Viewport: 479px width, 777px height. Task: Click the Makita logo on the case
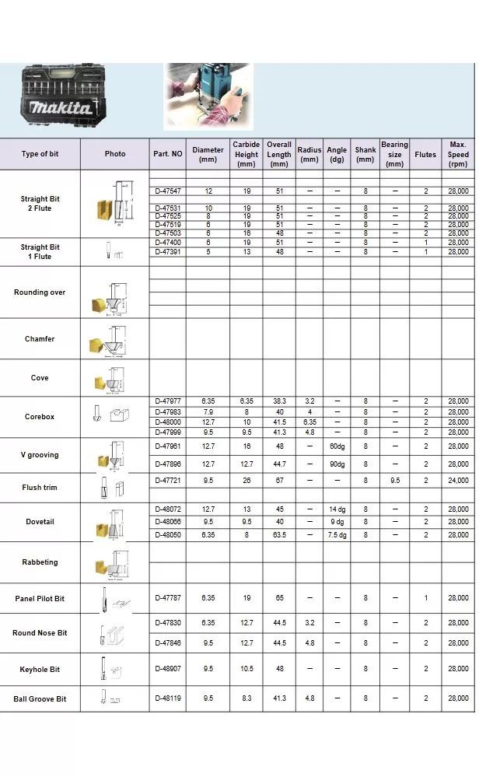click(60, 108)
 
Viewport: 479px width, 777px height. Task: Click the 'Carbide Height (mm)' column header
click(246, 154)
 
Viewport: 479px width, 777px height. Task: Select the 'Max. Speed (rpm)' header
click(458, 154)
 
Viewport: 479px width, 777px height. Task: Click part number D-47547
click(168, 191)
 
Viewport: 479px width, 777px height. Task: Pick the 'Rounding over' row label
click(40, 292)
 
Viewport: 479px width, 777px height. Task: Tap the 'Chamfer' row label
click(40, 339)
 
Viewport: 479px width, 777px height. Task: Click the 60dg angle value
click(337, 446)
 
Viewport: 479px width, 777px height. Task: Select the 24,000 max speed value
click(458, 481)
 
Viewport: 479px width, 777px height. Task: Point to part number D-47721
click(168, 481)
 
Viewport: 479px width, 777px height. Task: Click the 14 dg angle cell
click(337, 509)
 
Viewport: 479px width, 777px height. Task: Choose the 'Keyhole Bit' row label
click(40, 669)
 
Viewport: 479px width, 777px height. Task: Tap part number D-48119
click(168, 698)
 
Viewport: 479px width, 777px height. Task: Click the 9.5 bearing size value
click(395, 481)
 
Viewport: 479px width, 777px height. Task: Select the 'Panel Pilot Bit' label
click(40, 599)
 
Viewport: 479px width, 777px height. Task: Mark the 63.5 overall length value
click(279, 535)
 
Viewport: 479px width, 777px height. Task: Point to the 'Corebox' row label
click(40, 417)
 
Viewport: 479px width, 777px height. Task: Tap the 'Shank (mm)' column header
click(365, 154)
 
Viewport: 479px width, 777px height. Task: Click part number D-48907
click(168, 669)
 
